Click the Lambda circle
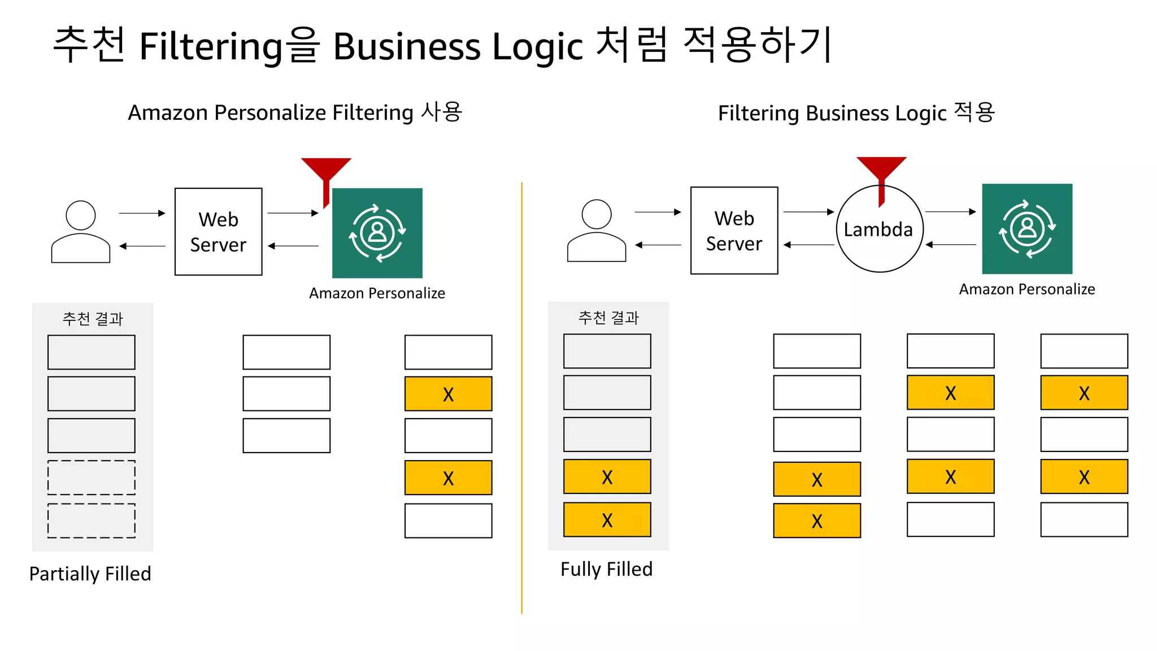click(879, 229)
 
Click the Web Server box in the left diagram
click(218, 232)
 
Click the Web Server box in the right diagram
click(734, 231)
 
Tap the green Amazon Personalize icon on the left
click(377, 233)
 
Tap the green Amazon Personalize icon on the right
click(1027, 229)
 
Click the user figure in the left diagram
click(81, 232)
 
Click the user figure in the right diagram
click(597, 231)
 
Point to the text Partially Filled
click(90, 574)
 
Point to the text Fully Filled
click(606, 569)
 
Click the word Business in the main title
click(407, 46)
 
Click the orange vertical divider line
click(521, 396)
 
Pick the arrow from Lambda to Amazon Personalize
click(950, 212)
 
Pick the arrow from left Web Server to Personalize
click(293, 213)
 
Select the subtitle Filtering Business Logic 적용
click(856, 113)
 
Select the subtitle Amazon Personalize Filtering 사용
click(295, 112)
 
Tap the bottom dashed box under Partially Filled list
click(92, 520)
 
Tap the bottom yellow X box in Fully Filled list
click(607, 519)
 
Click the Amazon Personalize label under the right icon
click(1026, 289)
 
